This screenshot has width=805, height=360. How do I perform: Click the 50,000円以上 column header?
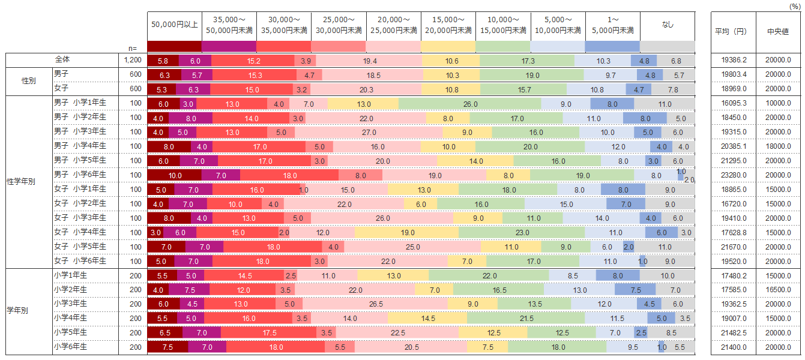pyautogui.click(x=174, y=25)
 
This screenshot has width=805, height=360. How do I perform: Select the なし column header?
pyautogui.click(x=668, y=25)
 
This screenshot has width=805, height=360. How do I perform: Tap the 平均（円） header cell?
pyautogui.click(x=733, y=32)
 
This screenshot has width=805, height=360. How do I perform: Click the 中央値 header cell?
pyautogui.click(x=778, y=32)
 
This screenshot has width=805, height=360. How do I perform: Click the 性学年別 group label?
pyautogui.click(x=23, y=182)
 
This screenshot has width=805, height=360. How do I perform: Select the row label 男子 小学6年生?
pyautogui.click(x=80, y=175)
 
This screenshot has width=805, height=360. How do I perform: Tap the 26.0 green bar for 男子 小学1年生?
pyautogui.click(x=470, y=104)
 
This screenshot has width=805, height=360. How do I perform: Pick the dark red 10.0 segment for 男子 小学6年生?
pyautogui.click(x=175, y=175)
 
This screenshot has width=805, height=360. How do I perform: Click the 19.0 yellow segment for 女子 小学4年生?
pyautogui.click(x=407, y=233)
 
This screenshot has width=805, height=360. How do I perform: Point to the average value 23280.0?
pyautogui.click(x=733, y=175)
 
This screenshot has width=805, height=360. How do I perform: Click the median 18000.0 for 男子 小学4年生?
pyautogui.click(x=778, y=146)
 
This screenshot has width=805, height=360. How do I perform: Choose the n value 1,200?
pyautogui.click(x=133, y=60)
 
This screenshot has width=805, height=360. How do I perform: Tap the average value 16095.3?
pyautogui.click(x=733, y=104)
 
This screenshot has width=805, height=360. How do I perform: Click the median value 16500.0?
pyautogui.click(x=778, y=290)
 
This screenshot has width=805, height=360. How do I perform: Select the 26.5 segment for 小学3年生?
pyautogui.click(x=376, y=304)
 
